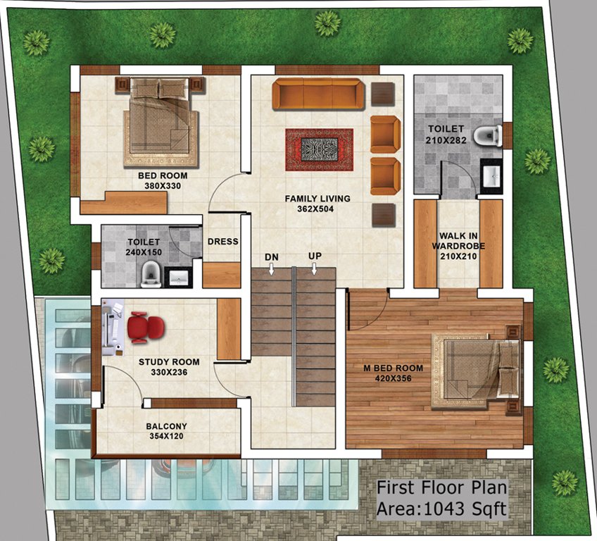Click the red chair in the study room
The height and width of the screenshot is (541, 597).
pyautogui.click(x=145, y=328)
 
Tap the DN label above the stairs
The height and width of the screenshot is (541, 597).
pyautogui.click(x=272, y=256)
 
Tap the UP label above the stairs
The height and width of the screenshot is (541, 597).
pyautogui.click(x=314, y=256)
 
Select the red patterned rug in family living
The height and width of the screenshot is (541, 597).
pyautogui.click(x=319, y=149)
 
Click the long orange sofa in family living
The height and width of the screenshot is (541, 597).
pyautogui.click(x=318, y=94)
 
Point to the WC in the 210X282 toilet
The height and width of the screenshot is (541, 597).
pyautogui.click(x=487, y=136)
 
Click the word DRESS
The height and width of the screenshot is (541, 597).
pyautogui.click(x=222, y=242)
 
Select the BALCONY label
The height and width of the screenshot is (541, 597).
pyautogui.click(x=166, y=426)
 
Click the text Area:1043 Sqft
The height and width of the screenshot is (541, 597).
pyautogui.click(x=441, y=509)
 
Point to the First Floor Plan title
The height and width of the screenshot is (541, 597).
pyautogui.click(x=441, y=487)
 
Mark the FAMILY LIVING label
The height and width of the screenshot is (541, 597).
pyautogui.click(x=318, y=199)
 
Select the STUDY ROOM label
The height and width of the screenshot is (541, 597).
pyautogui.click(x=169, y=362)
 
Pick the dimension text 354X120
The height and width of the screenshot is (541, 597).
pyautogui.click(x=166, y=437)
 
